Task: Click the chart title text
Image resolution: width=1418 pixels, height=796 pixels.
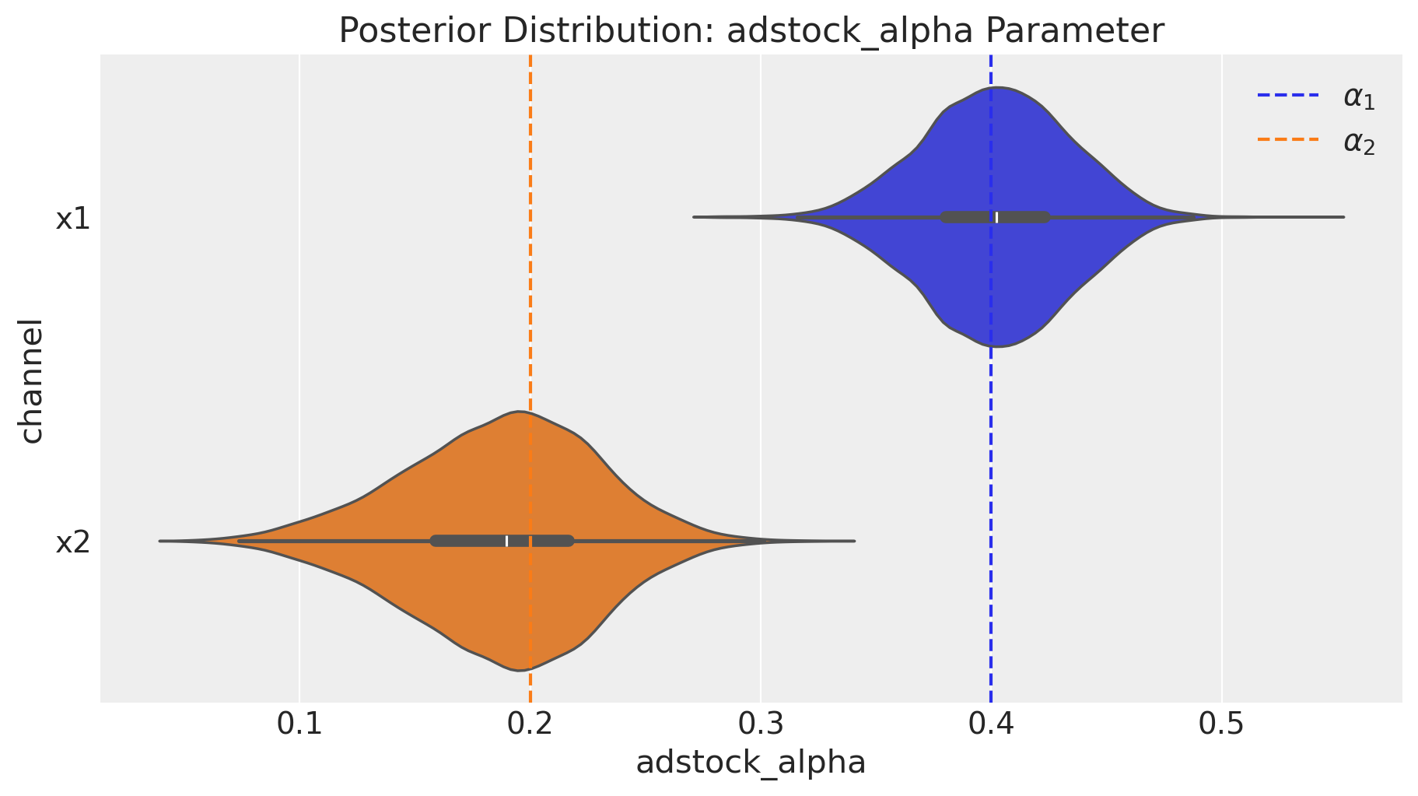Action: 751,30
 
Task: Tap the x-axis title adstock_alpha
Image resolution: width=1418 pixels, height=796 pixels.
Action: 751,763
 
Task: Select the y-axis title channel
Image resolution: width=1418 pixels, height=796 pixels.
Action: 31,380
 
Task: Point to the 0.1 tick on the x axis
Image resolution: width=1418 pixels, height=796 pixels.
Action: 299,725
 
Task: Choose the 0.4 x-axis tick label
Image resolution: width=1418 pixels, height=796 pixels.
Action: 991,725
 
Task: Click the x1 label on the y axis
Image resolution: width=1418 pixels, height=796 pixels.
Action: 72,219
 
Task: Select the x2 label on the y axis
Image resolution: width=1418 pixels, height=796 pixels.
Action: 72,542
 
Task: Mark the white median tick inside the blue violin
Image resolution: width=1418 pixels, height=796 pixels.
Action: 996,217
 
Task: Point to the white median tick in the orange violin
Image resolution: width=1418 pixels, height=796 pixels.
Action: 506,541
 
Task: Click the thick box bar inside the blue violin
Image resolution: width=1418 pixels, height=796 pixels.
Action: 996,217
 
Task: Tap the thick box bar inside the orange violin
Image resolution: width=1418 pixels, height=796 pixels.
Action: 502,541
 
